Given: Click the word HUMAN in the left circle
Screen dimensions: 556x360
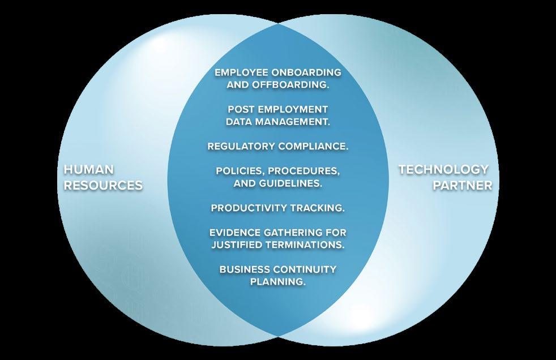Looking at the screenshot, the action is (x=89, y=170).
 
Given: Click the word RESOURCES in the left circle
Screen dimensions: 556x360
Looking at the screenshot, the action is (x=103, y=185).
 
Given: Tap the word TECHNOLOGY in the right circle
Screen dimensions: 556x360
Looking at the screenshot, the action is (x=443, y=169).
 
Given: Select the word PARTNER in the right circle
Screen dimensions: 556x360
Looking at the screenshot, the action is (x=463, y=185).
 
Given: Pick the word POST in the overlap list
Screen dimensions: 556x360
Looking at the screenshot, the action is (x=240, y=109).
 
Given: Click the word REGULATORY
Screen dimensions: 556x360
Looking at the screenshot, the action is (x=242, y=146).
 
